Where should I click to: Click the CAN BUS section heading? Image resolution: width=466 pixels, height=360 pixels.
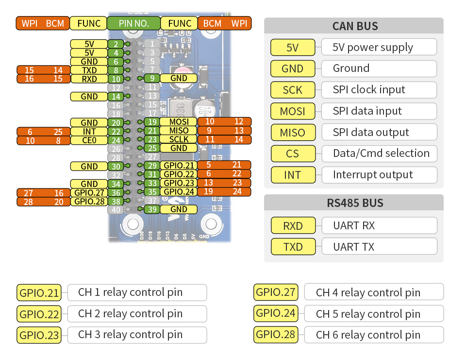pos(354,26)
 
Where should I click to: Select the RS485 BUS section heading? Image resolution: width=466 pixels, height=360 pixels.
pos(354,203)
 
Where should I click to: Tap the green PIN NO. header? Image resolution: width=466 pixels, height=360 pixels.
pos(133,23)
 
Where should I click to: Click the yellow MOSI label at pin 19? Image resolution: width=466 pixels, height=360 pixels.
pos(179,121)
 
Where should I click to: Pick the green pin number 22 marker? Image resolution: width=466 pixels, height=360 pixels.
pos(116,131)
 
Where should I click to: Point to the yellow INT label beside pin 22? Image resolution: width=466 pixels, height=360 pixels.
pos(89,131)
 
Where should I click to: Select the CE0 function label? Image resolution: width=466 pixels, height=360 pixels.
pos(89,140)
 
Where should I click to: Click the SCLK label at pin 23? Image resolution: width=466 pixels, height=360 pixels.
pos(179,139)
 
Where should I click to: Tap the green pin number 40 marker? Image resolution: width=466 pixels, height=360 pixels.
pos(116,210)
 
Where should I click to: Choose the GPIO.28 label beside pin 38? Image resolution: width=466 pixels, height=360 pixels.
pos(89,201)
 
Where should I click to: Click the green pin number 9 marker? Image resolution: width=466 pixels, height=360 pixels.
pos(151,78)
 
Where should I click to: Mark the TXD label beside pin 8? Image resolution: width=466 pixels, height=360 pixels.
pos(89,70)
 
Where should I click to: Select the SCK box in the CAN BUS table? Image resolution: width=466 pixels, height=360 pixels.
pos(292,90)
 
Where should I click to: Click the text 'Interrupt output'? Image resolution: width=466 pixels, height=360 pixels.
pos(373,175)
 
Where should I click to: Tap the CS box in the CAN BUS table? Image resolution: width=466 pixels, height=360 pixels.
pos(292,154)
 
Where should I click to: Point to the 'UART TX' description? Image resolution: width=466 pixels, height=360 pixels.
pos(354,247)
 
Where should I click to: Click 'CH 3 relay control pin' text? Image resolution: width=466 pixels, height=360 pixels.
pos(130,335)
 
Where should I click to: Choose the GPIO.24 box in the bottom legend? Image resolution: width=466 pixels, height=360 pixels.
pos(276,313)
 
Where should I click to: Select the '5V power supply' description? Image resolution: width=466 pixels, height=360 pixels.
pos(373,47)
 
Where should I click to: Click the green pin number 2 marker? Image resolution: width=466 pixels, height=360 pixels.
pos(116,44)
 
